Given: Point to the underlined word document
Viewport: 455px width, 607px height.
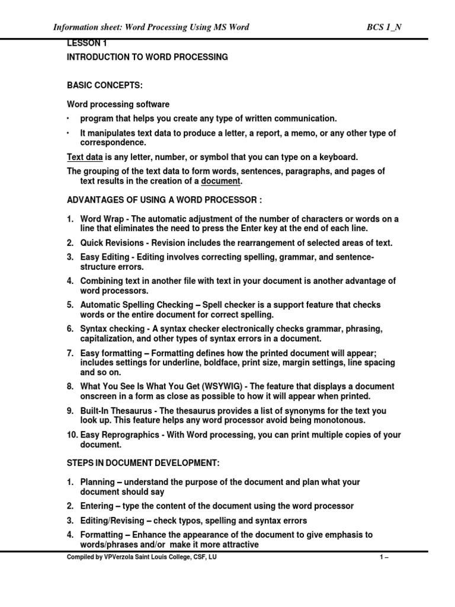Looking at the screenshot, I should (221, 181).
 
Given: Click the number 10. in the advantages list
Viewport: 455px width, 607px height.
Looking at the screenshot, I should (72, 435).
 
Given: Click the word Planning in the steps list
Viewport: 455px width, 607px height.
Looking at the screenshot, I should (98, 483).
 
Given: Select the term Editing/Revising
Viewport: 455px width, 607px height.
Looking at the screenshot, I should (112, 520).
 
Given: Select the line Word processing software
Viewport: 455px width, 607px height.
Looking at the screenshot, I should (117, 104).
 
